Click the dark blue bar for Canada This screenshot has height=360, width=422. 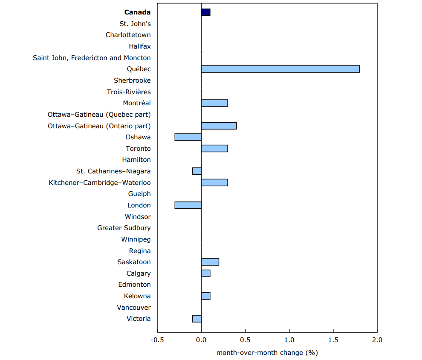205,12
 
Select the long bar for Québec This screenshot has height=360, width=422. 280,69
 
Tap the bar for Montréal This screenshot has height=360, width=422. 214,103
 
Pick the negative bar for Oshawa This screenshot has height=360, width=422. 188,137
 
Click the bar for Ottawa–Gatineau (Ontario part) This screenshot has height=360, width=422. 219,126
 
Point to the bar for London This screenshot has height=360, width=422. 188,205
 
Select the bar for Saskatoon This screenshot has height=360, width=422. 210,262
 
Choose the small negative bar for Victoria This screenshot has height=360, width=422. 197,319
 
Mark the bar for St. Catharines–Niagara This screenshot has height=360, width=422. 197,171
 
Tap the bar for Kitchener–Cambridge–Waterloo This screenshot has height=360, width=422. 214,183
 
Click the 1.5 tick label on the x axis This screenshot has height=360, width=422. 333,340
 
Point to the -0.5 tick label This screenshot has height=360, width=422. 157,340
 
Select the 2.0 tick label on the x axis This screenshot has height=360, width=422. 377,340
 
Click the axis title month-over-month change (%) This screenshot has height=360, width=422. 267,353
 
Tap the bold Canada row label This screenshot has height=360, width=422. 137,12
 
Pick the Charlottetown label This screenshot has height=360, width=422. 128,35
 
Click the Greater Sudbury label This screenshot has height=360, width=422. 124,228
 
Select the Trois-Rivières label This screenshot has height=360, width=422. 129,92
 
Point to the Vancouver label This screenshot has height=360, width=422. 133,308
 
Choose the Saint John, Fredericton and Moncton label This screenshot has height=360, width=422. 92,58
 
